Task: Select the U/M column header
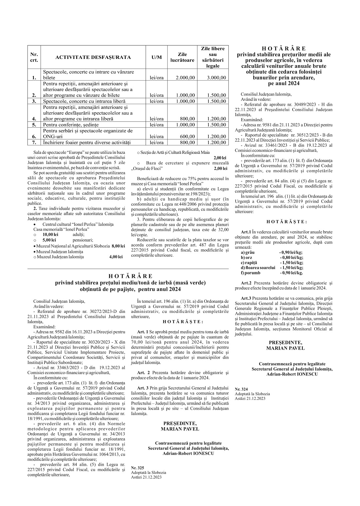[x=157, y=57]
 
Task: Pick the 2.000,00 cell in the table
[x=185, y=78]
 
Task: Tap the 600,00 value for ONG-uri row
[x=188, y=136]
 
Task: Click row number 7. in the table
[x=34, y=142]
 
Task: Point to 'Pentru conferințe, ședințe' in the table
[x=71, y=125]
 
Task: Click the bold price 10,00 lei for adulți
[x=50, y=234]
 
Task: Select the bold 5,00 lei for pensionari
[x=49, y=240]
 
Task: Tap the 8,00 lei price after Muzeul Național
[x=118, y=245]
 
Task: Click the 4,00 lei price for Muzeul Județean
[x=116, y=257]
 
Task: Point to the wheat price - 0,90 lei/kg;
[x=291, y=252]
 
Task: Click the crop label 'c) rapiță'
[x=249, y=262]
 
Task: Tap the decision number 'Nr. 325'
[x=137, y=468]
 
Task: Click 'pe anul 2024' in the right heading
[x=283, y=83]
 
